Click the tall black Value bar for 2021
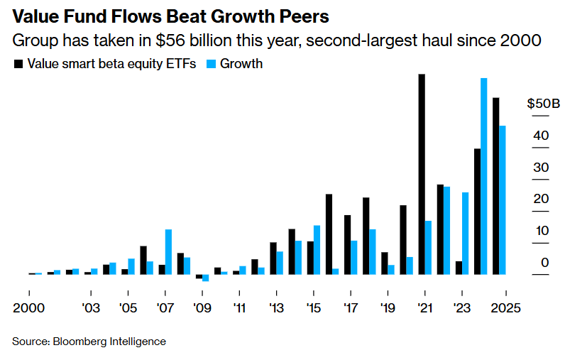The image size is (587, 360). [422, 174]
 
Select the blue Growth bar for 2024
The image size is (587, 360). [484, 176]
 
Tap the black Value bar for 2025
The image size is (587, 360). [496, 186]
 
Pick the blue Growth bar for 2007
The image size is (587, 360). [168, 251]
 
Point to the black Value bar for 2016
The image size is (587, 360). [329, 234]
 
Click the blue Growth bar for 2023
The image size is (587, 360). [466, 233]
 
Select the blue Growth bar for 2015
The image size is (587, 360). [317, 249]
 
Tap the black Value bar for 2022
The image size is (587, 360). [440, 229]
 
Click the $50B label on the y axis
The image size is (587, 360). [543, 104]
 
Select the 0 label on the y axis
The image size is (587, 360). [544, 263]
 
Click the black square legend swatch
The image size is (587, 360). [18, 64]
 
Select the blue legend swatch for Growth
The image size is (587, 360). [210, 64]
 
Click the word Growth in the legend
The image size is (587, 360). [241, 64]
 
